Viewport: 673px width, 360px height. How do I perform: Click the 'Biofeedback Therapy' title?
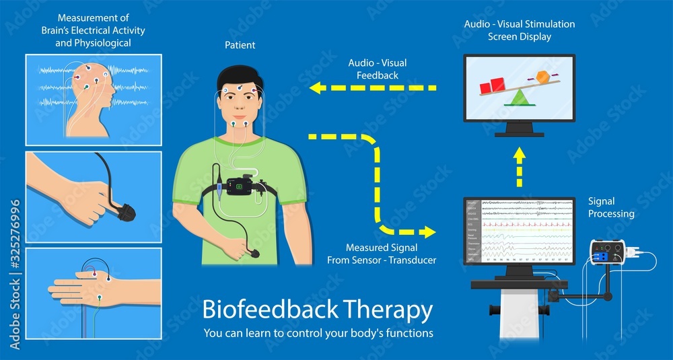(x=317, y=310)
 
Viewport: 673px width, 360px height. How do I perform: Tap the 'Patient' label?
(x=240, y=45)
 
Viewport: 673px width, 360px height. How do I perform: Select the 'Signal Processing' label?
(x=611, y=207)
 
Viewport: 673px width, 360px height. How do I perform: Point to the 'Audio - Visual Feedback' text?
(x=377, y=69)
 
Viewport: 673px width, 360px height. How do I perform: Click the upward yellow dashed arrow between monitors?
(x=519, y=168)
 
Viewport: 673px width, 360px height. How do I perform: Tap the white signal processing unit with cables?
(x=606, y=252)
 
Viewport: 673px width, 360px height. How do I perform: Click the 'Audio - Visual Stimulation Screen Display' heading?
(x=519, y=30)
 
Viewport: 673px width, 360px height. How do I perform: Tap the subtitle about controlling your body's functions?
(x=318, y=333)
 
